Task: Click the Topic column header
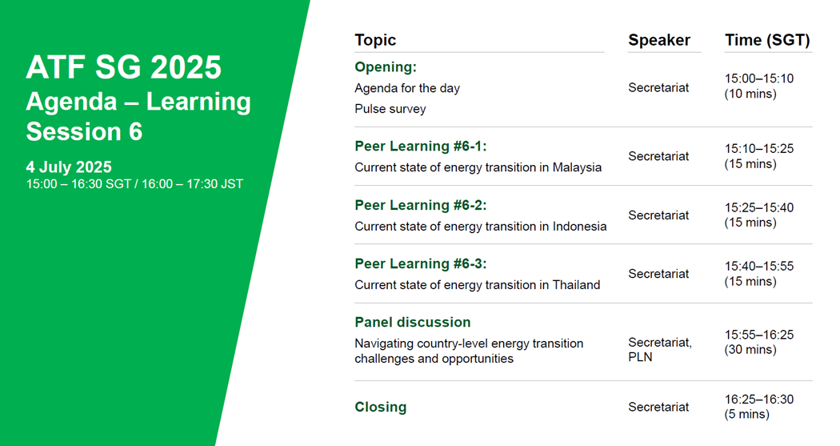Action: tap(375, 40)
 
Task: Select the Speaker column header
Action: tap(659, 40)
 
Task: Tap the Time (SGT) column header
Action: tap(767, 40)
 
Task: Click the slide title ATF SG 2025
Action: tap(124, 67)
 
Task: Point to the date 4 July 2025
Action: tap(69, 167)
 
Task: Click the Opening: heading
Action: tap(386, 67)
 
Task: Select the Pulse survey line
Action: tap(390, 109)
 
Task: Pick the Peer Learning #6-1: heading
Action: tap(421, 147)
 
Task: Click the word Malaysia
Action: tap(577, 167)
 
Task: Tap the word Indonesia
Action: tap(580, 227)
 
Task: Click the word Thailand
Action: tap(577, 284)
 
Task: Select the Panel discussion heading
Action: tap(413, 322)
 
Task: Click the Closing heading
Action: tap(380, 407)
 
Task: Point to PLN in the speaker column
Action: tap(640, 357)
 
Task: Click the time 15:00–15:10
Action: tap(759, 78)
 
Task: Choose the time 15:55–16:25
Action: tap(759, 335)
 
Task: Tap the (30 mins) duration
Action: tap(750, 350)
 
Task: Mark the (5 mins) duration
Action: tap(746, 415)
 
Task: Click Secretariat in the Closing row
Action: tap(658, 407)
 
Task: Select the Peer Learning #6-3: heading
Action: tap(421, 263)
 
